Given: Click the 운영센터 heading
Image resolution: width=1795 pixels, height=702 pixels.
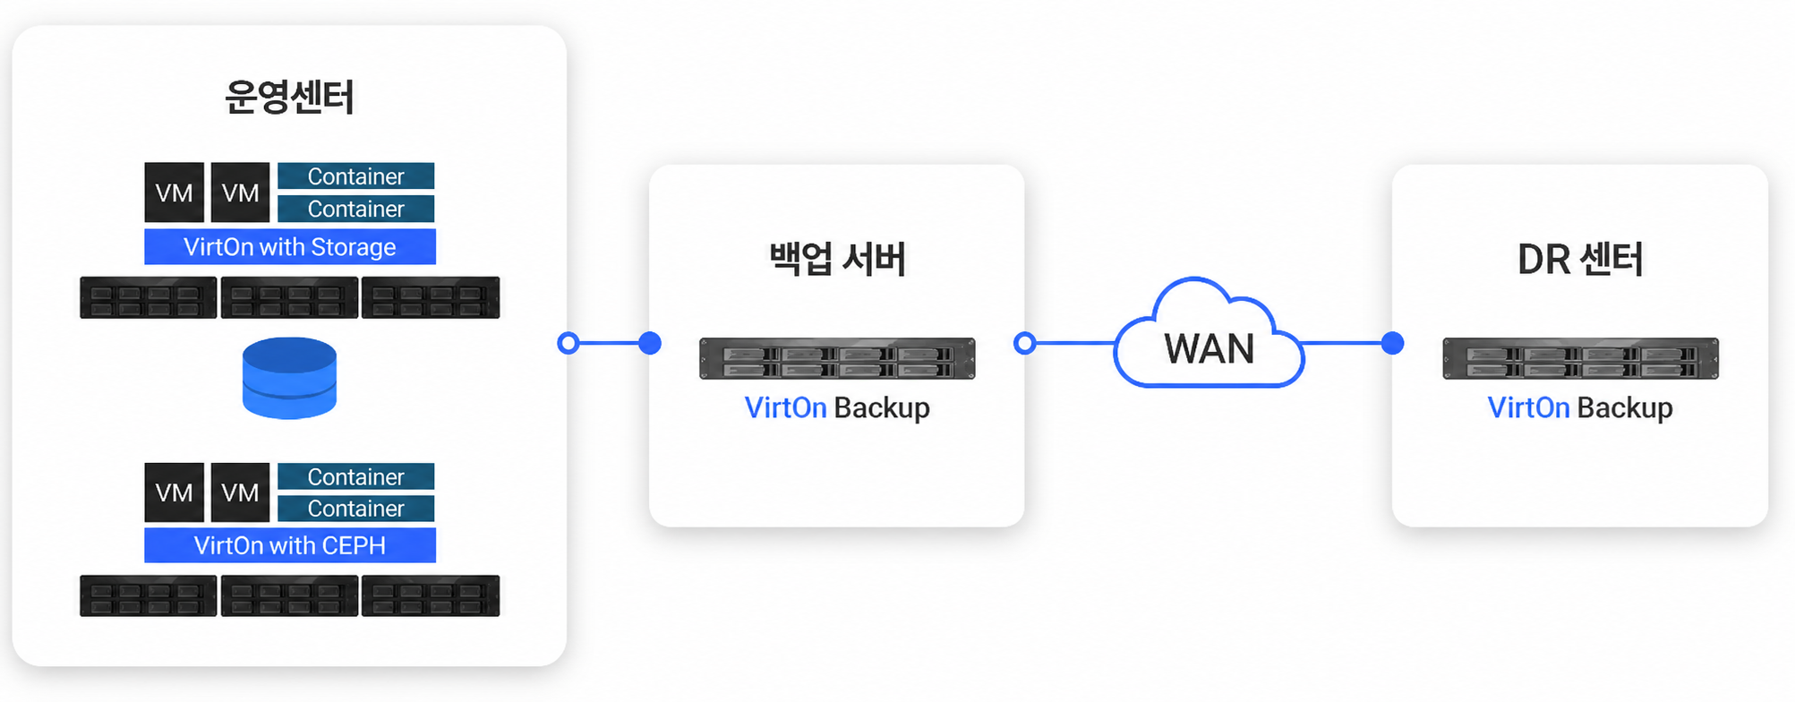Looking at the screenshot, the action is click(289, 97).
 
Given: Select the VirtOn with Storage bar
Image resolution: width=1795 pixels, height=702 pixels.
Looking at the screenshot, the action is click(290, 246).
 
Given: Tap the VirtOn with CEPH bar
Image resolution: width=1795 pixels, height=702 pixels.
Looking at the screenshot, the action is click(290, 545).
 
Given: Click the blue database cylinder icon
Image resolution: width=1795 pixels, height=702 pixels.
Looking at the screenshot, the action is click(289, 378).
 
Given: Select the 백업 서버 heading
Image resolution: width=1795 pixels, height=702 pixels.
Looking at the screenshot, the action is click(837, 259).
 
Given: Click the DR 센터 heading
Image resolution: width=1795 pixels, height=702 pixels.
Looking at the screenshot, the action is click(1580, 259).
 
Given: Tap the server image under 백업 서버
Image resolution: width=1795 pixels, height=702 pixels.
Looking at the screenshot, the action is click(837, 358).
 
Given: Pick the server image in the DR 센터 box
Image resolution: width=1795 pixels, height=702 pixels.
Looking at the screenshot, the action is click(1580, 358).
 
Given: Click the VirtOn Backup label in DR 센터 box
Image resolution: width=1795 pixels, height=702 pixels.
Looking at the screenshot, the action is click(1580, 408).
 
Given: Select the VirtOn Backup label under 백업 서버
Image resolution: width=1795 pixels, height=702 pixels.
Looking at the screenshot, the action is click(837, 408).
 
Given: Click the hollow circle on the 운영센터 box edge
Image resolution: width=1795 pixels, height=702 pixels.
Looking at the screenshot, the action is click(568, 343).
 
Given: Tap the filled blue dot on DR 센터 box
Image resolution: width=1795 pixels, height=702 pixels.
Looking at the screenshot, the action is click(1392, 343).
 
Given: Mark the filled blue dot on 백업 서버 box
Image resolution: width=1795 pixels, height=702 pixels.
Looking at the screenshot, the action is click(650, 343).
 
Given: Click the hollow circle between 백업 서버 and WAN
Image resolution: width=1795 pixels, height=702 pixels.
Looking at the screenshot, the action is click(1025, 343).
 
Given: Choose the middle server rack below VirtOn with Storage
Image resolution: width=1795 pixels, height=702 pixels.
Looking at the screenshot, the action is click(289, 297).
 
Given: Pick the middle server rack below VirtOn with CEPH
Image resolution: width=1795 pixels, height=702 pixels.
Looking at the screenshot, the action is click(289, 595).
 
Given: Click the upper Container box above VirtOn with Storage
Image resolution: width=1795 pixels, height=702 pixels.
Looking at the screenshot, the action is click(356, 176).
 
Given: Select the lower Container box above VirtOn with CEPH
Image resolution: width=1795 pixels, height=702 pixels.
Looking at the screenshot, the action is click(356, 509).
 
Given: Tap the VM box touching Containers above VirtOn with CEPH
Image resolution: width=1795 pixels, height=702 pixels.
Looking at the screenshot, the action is click(240, 492).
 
